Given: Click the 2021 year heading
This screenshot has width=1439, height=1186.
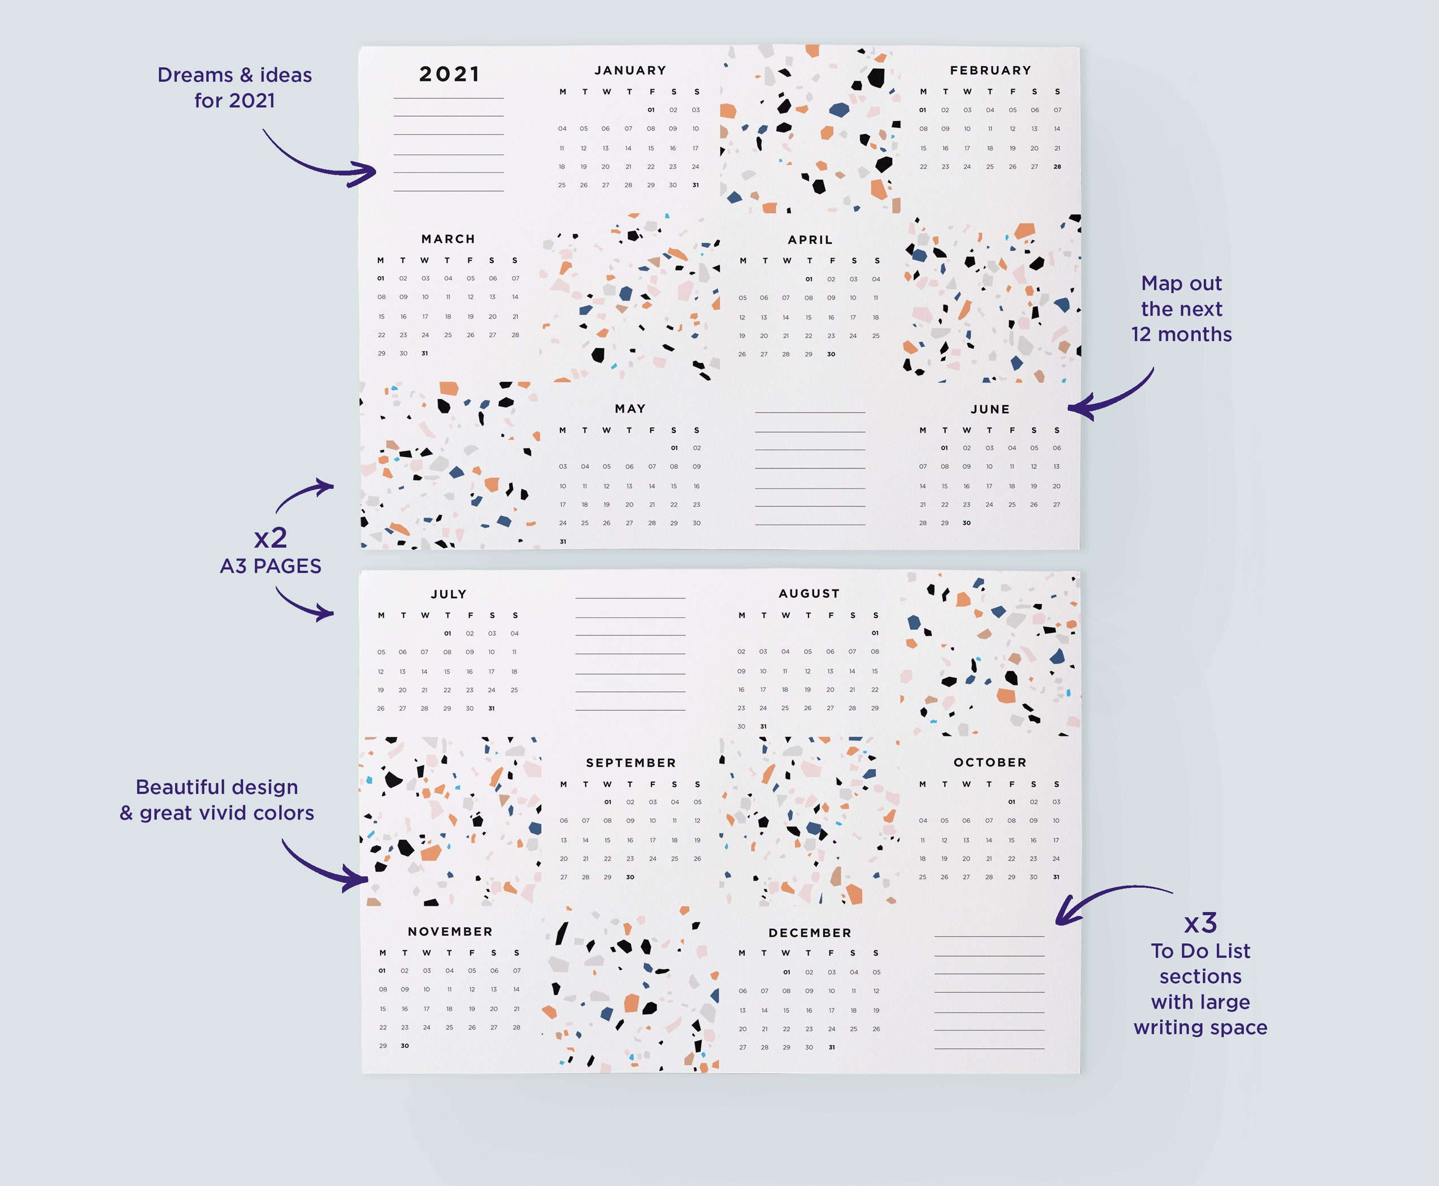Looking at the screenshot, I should click(x=450, y=74).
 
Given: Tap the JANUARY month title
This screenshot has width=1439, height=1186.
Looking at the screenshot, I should click(x=630, y=71).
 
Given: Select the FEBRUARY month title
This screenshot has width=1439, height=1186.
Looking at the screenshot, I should click(x=990, y=71).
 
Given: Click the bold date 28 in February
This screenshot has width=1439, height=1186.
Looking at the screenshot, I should click(x=1057, y=167).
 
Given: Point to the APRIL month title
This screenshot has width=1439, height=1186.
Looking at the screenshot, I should click(x=810, y=240).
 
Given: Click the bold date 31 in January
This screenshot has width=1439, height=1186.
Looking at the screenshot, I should click(x=695, y=185).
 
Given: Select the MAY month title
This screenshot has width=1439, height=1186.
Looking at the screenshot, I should click(x=630, y=408).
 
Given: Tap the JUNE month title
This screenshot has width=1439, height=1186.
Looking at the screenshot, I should click(x=990, y=409).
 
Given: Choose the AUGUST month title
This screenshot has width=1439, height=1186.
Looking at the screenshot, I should click(x=809, y=594).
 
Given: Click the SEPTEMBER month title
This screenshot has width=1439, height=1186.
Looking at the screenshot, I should click(x=631, y=762).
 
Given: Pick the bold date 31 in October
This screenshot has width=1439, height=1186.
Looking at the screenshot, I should click(x=1057, y=877).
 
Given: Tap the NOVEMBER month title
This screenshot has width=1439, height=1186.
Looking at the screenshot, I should click(x=450, y=932).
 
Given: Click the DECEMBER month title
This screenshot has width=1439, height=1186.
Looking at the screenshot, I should click(x=810, y=933).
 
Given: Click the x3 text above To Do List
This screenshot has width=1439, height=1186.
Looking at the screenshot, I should click(x=1201, y=923).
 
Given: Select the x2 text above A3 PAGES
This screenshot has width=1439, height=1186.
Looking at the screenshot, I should click(x=271, y=538).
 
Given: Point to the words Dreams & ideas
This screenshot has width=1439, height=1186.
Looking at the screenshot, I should click(x=234, y=75).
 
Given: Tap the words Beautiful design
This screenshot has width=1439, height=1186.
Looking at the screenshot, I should click(x=216, y=787).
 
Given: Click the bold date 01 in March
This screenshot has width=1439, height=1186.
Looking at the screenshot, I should click(x=381, y=279).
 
